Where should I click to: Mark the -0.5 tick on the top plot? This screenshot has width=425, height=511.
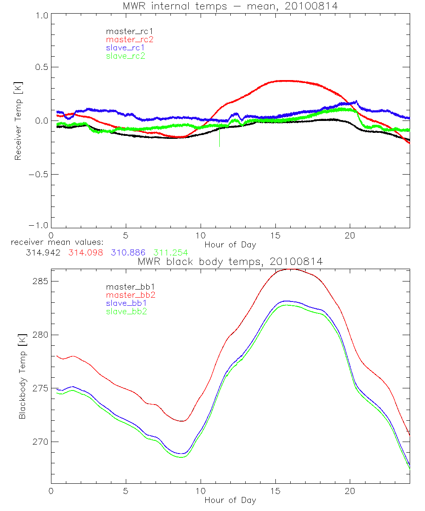(39, 175)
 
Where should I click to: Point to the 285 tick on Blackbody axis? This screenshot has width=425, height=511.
(40, 281)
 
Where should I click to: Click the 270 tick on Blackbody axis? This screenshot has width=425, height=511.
(40, 442)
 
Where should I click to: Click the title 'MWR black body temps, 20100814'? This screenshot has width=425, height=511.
(230, 262)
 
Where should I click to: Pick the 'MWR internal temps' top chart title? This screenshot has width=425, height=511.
(230, 6)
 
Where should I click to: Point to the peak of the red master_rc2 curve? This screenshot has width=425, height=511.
(280, 80)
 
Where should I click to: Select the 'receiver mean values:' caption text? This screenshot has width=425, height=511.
(54, 242)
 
